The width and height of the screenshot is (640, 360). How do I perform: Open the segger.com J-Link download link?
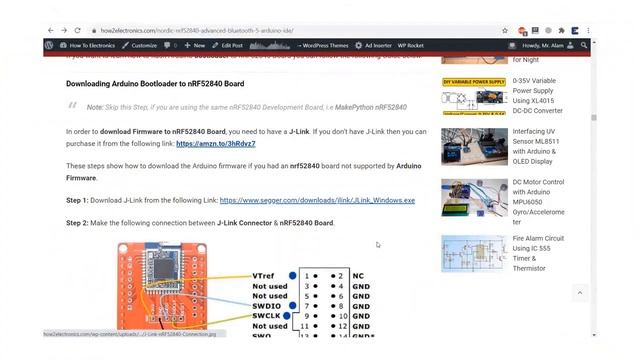(317, 200)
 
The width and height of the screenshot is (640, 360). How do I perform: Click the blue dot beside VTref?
(293, 275)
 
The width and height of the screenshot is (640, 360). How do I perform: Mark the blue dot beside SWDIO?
(292, 305)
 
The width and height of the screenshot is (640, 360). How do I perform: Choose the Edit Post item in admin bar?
(231, 45)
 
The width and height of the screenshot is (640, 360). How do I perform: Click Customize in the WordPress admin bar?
(140, 45)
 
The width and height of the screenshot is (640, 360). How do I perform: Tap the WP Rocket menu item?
(410, 45)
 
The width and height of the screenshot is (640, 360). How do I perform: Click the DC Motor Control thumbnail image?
(473, 199)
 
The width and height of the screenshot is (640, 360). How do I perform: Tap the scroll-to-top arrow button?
(579, 292)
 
